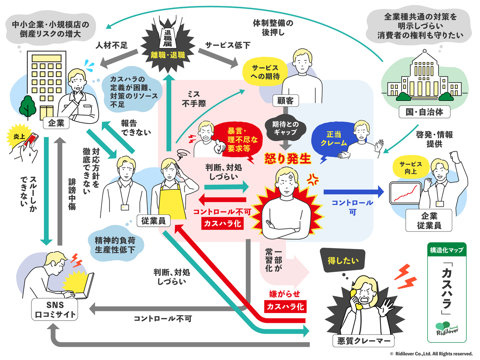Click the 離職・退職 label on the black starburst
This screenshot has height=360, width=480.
point(168,55)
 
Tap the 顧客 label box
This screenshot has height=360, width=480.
point(285,100)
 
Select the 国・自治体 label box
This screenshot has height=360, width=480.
point(424,112)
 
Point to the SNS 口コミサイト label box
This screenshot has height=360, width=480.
point(55,310)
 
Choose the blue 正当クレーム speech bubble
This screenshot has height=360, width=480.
point(333,138)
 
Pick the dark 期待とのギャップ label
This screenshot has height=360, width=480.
point(285,128)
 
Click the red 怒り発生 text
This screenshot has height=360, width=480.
point(288,159)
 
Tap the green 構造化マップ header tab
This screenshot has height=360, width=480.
point(447,250)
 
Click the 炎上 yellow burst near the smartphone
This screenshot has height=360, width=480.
point(19,137)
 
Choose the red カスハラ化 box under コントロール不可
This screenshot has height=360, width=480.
point(222,223)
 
